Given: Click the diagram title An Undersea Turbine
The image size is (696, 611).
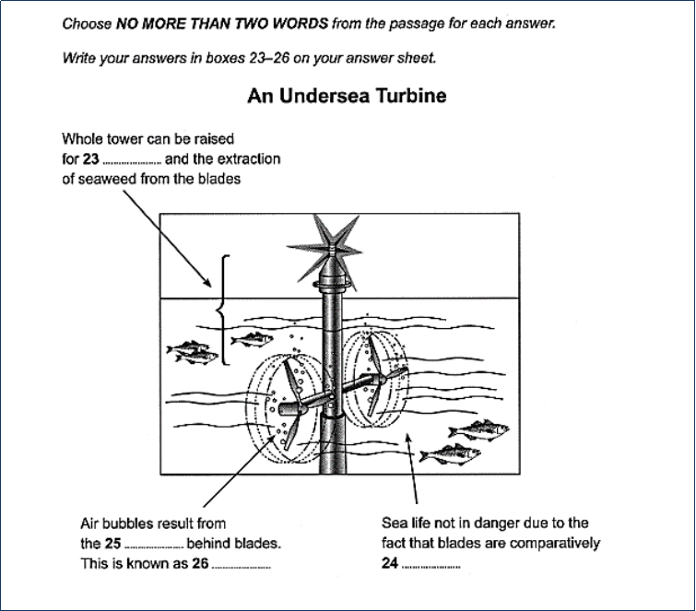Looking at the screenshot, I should click(347, 96).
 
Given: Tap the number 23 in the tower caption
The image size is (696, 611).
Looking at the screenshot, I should click(90, 159).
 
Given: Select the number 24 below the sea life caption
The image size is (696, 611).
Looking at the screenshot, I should click(389, 563).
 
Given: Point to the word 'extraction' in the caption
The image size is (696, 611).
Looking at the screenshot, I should click(248, 159).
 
